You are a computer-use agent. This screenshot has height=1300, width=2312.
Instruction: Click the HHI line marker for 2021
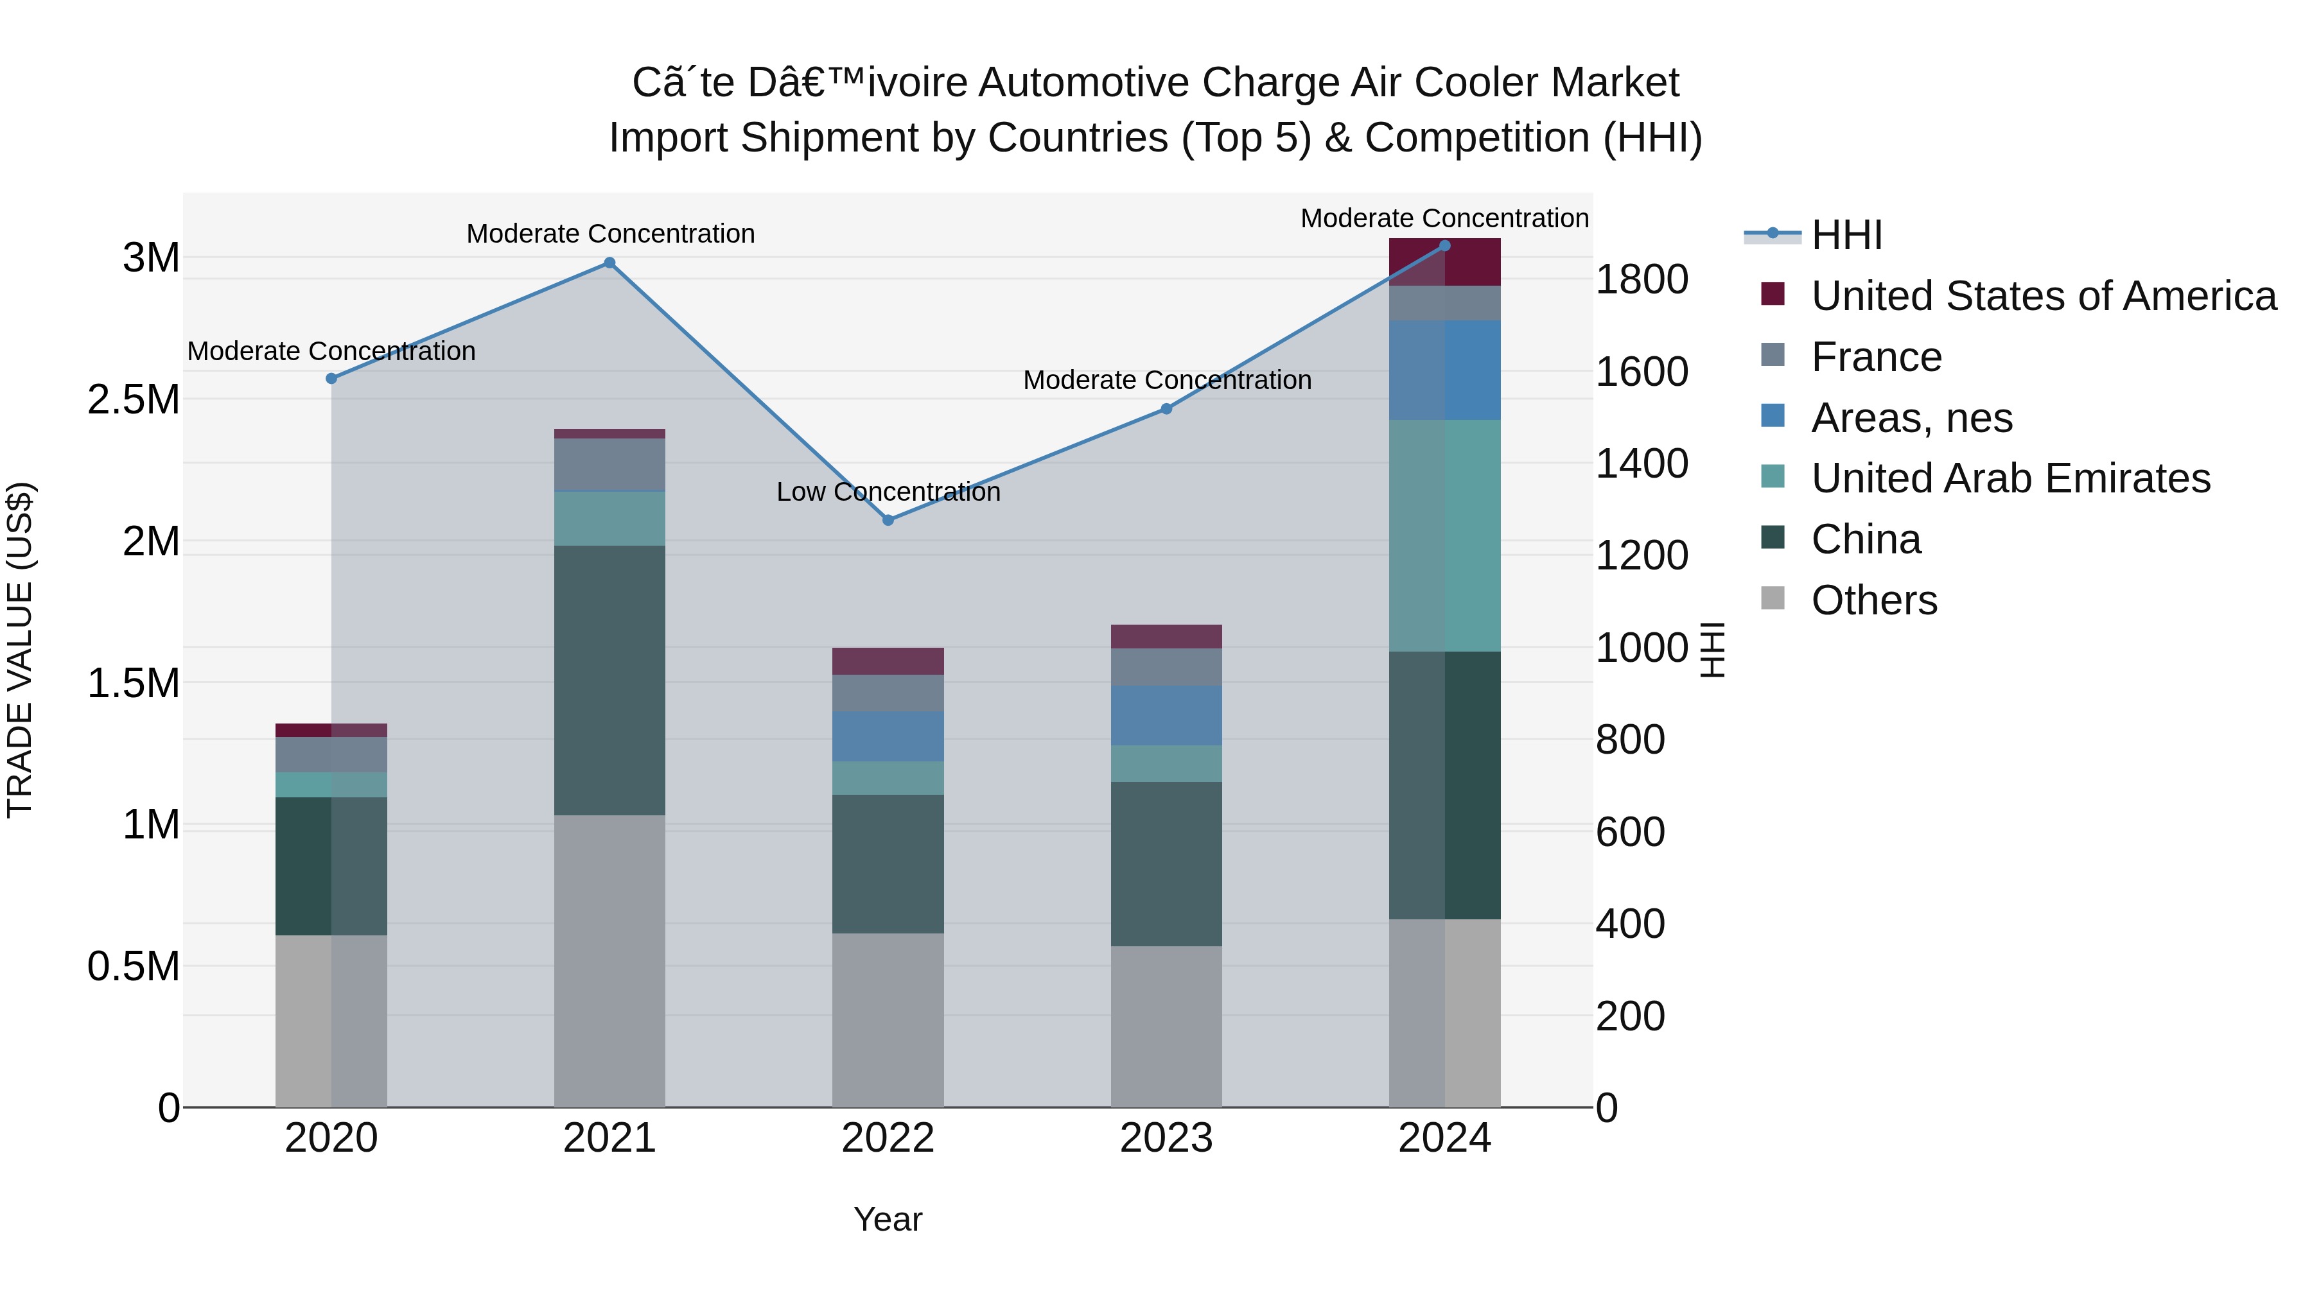coord(609,263)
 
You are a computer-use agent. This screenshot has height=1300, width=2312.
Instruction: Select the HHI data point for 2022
coord(888,521)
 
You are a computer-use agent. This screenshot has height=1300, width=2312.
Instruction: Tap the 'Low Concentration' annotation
coord(888,492)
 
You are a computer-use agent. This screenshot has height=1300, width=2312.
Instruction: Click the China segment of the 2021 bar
coord(609,680)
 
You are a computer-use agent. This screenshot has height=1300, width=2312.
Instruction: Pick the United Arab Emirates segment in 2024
coord(1444,535)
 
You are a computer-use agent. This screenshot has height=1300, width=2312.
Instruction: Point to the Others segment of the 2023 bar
coord(1166,1027)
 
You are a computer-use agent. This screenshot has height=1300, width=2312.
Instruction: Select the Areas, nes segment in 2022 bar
coord(888,736)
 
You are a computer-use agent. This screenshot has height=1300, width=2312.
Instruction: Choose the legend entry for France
coord(1876,357)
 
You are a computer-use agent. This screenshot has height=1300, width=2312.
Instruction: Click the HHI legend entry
coord(1846,235)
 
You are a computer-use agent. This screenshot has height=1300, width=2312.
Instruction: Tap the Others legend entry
coord(1873,600)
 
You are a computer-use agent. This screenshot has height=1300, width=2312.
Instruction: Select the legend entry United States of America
coord(2043,296)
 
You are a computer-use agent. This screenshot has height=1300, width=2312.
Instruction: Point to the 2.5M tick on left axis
coord(134,400)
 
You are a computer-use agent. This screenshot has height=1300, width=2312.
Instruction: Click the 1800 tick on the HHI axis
coord(1642,280)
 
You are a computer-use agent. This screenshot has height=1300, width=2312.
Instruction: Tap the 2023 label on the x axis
coord(1166,1138)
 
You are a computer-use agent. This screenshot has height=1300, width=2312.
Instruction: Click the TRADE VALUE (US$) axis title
coord(20,650)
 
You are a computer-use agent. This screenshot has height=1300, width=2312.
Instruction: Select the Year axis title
coord(888,1219)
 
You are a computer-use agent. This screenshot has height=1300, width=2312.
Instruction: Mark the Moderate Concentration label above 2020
coord(331,351)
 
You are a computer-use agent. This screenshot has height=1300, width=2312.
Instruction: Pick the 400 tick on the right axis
coord(1630,923)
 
